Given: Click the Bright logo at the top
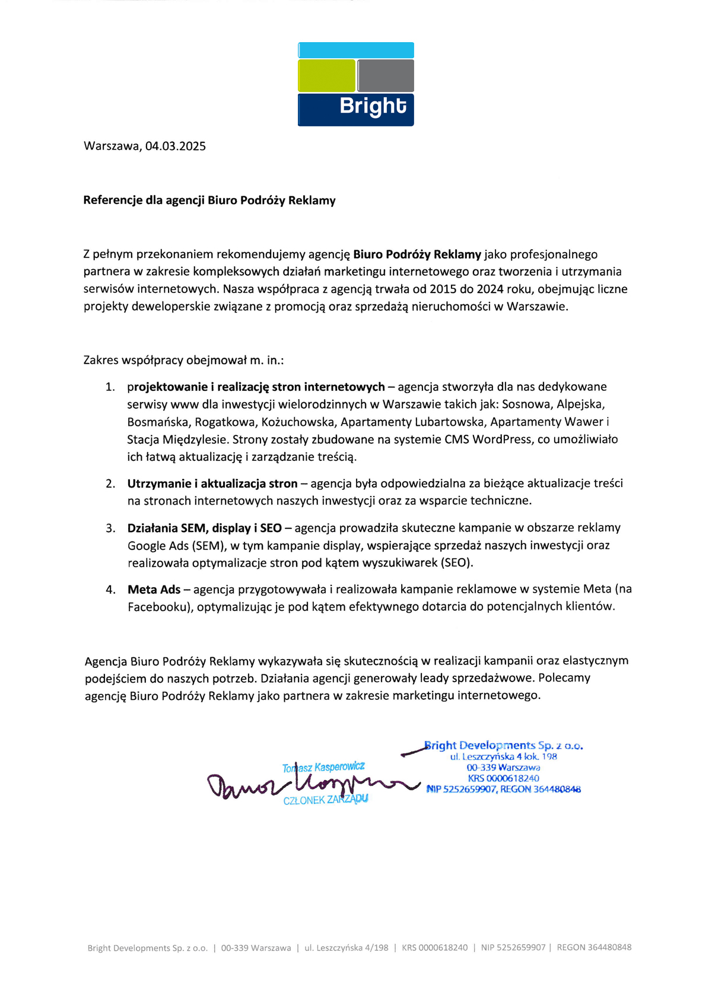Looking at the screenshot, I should [355, 84].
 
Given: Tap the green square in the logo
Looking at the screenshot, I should [326, 76].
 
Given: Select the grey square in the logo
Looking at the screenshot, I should [386, 76].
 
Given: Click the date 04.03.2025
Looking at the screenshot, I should [176, 147].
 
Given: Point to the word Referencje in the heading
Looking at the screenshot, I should [113, 200].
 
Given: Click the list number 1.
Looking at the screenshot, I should [110, 387].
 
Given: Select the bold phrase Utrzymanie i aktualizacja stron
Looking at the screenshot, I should [212, 483].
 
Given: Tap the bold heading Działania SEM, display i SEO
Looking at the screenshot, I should [205, 528].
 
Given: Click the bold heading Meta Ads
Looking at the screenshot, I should [154, 590].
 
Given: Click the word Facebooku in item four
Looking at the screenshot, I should [157, 607].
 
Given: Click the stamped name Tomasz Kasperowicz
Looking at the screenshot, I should [323, 768].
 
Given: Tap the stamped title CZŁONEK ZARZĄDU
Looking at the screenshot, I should [326, 800].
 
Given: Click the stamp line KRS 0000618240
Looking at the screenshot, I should [503, 778].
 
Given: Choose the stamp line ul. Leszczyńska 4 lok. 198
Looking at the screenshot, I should [503, 757].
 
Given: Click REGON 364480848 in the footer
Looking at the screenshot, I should [594, 947].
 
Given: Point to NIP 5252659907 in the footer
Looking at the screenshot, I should [513, 947].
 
